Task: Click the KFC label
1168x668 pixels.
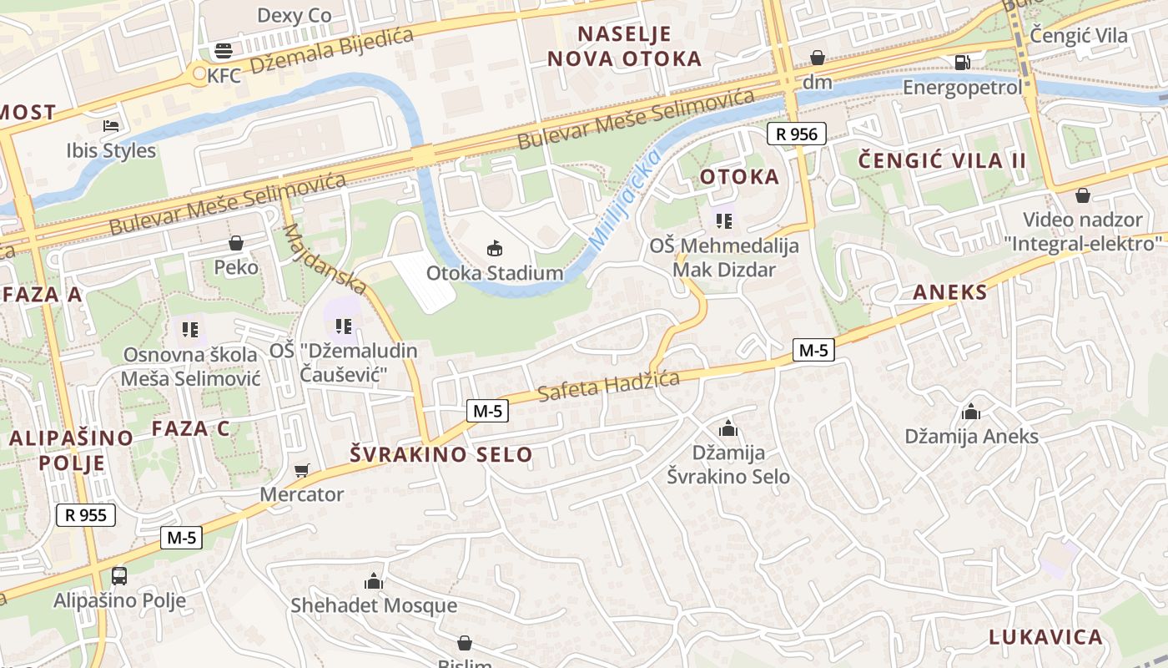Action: click(x=224, y=76)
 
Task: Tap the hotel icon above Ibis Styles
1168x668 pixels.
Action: click(x=111, y=126)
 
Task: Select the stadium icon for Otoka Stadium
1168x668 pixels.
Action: click(x=495, y=248)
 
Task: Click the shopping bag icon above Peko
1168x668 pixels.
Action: click(x=236, y=243)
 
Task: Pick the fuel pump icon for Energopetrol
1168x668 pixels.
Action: click(x=962, y=63)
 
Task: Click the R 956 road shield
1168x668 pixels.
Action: click(x=797, y=134)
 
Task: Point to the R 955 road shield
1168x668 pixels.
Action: click(x=86, y=514)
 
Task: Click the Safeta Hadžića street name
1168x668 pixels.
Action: click(x=608, y=385)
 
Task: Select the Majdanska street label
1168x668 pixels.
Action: click(x=325, y=259)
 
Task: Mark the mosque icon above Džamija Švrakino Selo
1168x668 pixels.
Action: click(x=728, y=428)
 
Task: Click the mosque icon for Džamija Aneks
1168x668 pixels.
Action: click(x=971, y=412)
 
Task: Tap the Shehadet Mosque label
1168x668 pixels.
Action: click(x=374, y=605)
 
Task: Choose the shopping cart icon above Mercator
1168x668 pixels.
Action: click(x=301, y=470)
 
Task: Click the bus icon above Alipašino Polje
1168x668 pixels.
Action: click(x=119, y=575)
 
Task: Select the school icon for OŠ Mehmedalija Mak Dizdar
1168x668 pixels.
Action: click(x=724, y=221)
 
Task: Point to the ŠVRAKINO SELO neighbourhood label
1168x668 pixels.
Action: click(x=441, y=454)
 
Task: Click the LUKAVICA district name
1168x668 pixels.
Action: click(x=1045, y=637)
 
